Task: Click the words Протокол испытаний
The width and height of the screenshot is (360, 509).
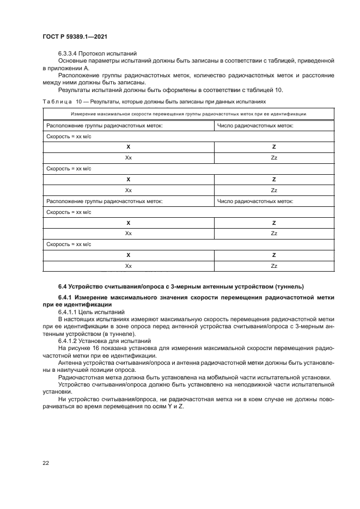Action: [x=103, y=53]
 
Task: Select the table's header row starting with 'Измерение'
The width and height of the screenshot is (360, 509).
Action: [x=188, y=114]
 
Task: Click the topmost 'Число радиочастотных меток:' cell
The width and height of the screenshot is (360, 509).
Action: [x=255, y=125]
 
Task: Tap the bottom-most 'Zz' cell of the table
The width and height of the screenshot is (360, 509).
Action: [x=274, y=266]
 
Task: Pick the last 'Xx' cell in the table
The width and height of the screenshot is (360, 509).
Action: [x=129, y=266]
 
